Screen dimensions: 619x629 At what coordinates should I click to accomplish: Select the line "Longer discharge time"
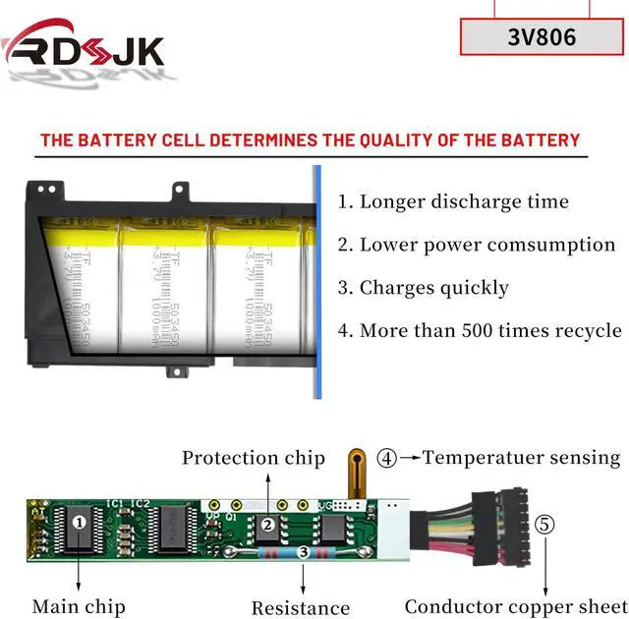point(454,202)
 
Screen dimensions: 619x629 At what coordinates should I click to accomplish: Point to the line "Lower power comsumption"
point(477,245)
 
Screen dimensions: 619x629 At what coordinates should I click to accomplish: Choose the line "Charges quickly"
point(424,288)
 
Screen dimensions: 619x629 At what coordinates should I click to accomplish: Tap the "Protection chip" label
point(253,458)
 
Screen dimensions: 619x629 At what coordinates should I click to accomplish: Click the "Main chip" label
point(79,606)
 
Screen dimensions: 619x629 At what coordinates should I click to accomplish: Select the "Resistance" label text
point(300,608)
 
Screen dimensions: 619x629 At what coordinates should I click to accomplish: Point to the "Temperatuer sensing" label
point(522,457)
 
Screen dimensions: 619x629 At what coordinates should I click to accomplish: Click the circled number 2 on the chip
point(267,524)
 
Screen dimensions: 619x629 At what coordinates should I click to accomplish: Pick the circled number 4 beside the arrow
point(389,458)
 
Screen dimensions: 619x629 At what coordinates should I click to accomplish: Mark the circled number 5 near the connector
point(543,524)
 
